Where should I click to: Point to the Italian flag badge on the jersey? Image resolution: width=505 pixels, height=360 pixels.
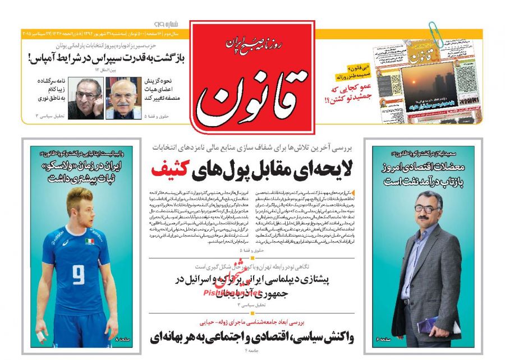(90, 241)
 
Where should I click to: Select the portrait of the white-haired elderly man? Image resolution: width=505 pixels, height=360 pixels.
(124, 98)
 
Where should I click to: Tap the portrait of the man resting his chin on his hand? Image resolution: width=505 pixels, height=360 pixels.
(86, 98)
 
